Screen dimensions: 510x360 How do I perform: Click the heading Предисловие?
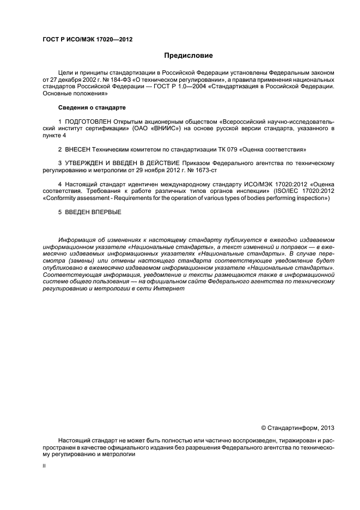click(x=188, y=55)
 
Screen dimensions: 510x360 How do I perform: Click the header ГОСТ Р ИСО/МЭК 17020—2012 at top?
click(x=87, y=39)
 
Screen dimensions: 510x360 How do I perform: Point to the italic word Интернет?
click(x=174, y=289)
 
